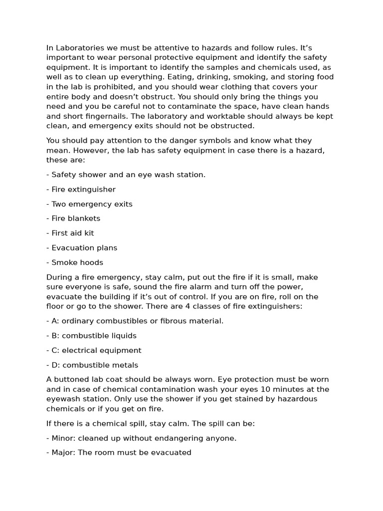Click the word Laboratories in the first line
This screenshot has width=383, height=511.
80,48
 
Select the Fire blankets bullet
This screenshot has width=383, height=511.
73,219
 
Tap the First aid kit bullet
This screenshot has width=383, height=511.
70,233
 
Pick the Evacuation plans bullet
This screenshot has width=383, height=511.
82,248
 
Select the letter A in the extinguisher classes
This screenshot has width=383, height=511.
54,321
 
